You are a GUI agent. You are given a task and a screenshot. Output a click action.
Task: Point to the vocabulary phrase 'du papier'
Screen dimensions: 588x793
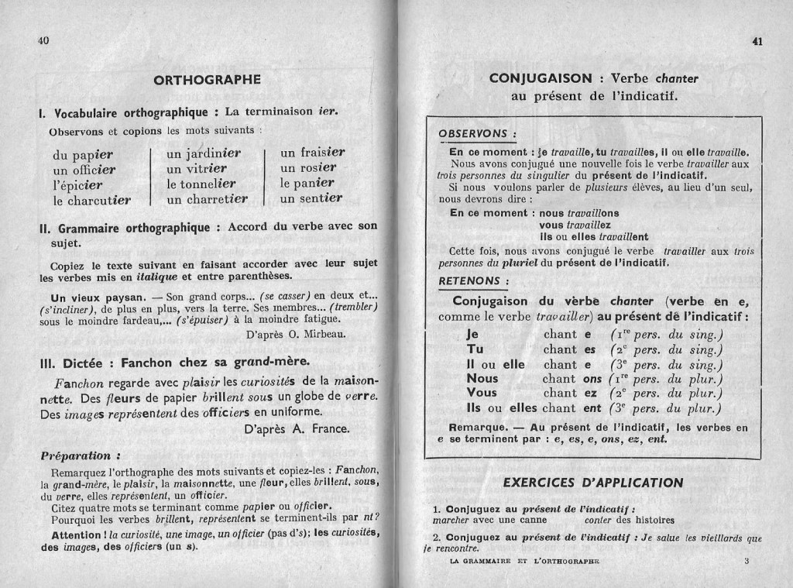coord(83,154)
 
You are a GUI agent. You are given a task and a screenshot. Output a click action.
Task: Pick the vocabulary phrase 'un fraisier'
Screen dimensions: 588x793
coord(312,153)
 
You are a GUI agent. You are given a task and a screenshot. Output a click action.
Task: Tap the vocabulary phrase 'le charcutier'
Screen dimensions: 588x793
coord(91,200)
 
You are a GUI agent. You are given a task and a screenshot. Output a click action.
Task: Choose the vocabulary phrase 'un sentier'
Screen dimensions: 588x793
coord(312,198)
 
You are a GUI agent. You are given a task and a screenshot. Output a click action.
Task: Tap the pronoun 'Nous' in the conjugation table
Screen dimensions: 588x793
coord(482,379)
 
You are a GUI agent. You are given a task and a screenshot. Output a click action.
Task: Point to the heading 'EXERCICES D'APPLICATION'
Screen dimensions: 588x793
coord(592,483)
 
